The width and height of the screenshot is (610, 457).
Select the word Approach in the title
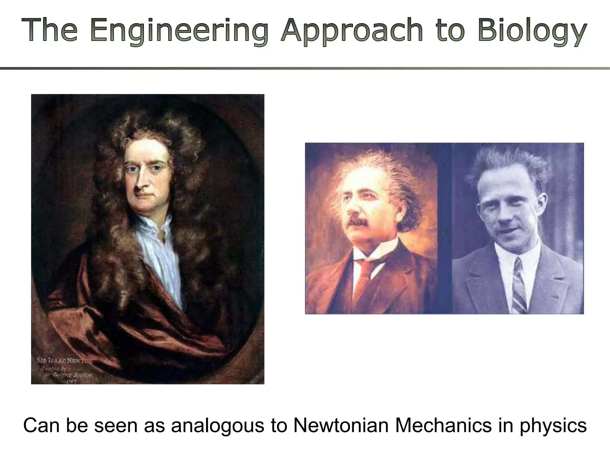[351, 30]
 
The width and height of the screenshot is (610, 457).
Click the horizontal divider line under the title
[305, 68]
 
